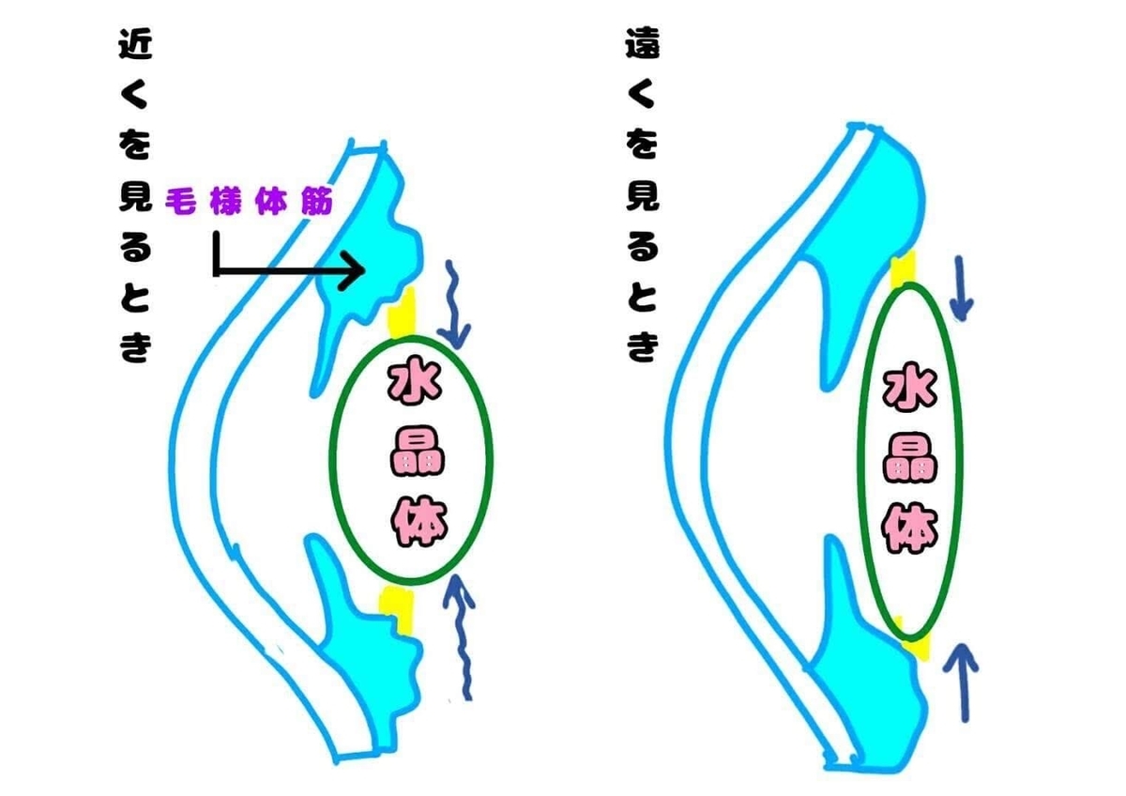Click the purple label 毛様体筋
pyautogui.click(x=249, y=202)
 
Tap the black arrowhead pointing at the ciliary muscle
pyautogui.click(x=354, y=271)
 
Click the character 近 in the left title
pyautogui.click(x=136, y=44)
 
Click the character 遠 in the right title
pyautogui.click(x=643, y=43)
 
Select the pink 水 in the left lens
pyautogui.click(x=414, y=385)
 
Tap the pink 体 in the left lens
pyautogui.click(x=419, y=522)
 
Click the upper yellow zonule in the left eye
pyautogui.click(x=402, y=313)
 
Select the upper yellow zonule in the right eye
pyautogui.click(x=904, y=270)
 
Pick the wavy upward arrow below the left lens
pyautogui.click(x=461, y=636)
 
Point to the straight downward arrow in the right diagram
pyautogui.click(x=961, y=287)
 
